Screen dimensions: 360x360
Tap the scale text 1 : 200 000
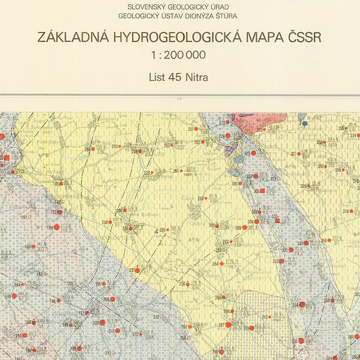(x=179, y=55)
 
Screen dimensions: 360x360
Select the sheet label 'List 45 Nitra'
(x=178, y=77)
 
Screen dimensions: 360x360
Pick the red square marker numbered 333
(x=282, y=261)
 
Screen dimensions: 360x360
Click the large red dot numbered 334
(x=302, y=305)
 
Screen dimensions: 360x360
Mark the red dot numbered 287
(x=228, y=324)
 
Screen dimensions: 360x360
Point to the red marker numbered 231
(x=139, y=270)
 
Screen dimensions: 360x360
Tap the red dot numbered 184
(x=57, y=228)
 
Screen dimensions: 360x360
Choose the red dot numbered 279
(x=228, y=135)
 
